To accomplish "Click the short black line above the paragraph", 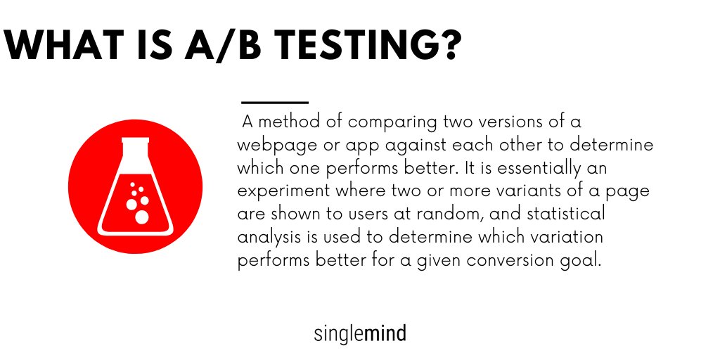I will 274,103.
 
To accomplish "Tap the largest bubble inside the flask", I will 142,217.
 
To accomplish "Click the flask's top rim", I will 136,140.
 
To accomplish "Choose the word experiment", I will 277,192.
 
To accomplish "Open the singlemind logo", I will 360,333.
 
